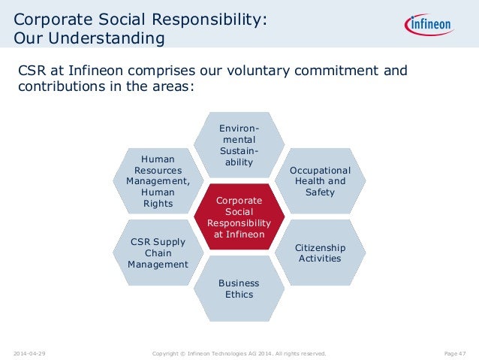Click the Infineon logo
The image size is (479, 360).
click(x=431, y=26)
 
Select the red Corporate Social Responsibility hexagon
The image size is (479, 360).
click(x=239, y=217)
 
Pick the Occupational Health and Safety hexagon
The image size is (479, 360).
click(x=320, y=181)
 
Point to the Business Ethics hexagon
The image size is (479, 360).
click(x=239, y=289)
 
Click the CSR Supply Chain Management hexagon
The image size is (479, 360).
click(x=158, y=253)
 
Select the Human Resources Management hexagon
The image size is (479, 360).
click(x=158, y=181)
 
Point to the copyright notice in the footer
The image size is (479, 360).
click(x=239, y=351)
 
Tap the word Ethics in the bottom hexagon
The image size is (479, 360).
click(x=239, y=295)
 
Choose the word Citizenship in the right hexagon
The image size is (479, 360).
click(x=320, y=247)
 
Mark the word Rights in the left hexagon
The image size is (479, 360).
click(x=158, y=203)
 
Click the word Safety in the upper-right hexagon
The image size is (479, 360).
click(x=320, y=192)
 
